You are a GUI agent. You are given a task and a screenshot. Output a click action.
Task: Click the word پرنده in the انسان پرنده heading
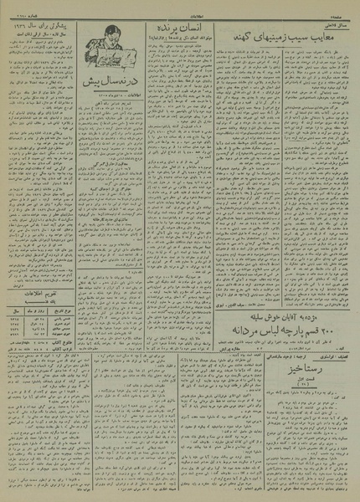[x=162, y=27]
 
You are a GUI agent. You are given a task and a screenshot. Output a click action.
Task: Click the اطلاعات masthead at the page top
[x=180, y=5]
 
